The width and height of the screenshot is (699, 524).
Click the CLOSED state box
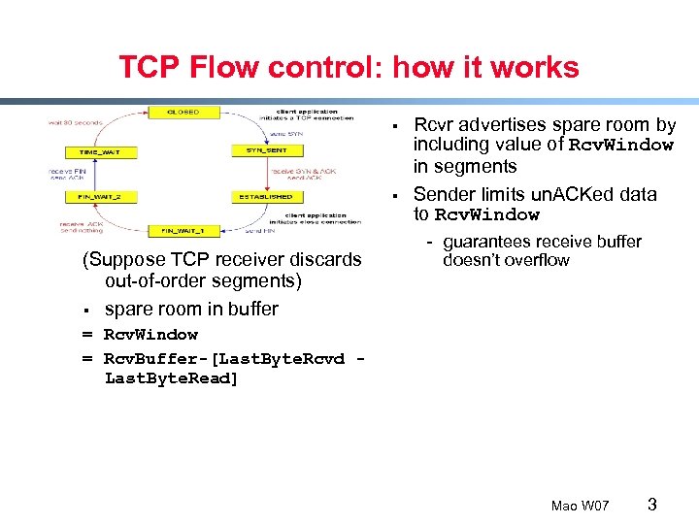[182, 113]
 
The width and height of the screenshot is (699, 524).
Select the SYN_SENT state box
[265, 150]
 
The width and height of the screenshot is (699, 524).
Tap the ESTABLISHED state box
[265, 197]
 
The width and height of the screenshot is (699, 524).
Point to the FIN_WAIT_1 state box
[182, 231]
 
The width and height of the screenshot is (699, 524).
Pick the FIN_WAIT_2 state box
[101, 197]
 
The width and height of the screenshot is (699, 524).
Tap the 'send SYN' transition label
[279, 132]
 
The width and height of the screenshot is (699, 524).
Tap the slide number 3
[652, 504]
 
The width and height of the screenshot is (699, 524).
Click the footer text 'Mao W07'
[580, 506]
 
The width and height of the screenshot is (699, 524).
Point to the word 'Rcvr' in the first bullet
[433, 125]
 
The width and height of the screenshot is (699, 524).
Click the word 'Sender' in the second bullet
[445, 194]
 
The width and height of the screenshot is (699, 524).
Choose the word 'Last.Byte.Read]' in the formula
[171, 377]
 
